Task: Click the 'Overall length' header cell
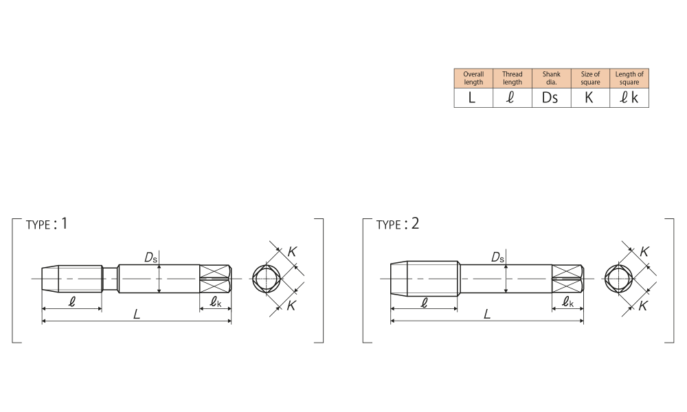coord(473,78)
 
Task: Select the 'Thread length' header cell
coord(513,78)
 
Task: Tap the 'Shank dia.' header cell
coord(551,78)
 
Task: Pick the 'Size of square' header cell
coord(590,78)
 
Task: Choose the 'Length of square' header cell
coord(629,78)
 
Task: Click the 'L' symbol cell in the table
coord(473,98)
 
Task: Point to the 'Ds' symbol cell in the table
coord(551,98)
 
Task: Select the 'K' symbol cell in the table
coord(590,98)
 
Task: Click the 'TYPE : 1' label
coord(47,224)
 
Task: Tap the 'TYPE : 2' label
coord(397,224)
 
